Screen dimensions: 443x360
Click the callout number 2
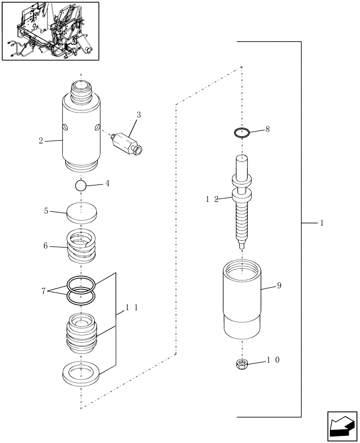(x=41, y=140)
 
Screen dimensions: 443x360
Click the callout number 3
(x=139, y=115)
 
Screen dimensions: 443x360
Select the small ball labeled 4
(x=81, y=186)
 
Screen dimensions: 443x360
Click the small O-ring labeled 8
(x=242, y=132)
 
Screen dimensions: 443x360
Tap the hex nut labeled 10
(x=242, y=364)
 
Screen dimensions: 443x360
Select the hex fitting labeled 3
(x=128, y=143)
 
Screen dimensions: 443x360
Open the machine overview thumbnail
(x=50, y=31)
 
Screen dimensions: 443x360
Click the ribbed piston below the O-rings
(x=81, y=334)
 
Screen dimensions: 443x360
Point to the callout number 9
(x=279, y=286)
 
